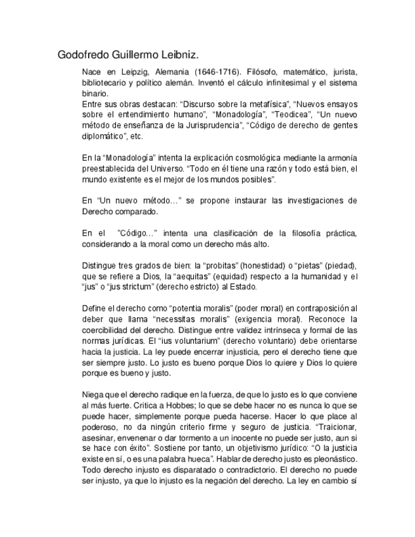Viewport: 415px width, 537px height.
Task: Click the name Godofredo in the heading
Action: [85, 54]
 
